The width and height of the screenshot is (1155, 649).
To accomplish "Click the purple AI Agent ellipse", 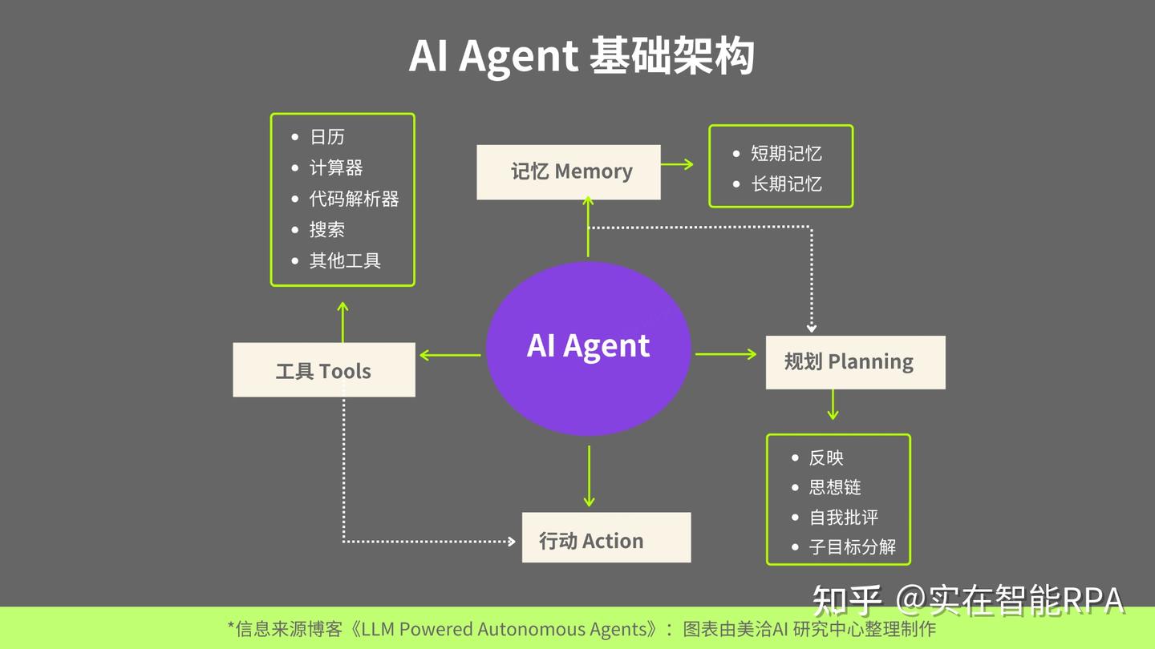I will coord(588,348).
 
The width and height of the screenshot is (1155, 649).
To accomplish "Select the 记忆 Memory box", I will coord(569,171).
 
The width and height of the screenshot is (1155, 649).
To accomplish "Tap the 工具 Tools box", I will coord(324,370).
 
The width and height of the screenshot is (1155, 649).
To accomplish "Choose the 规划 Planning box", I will coord(855,362).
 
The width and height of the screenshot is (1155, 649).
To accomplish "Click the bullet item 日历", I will coord(327,137).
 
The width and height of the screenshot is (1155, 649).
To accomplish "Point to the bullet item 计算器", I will coord(336,167).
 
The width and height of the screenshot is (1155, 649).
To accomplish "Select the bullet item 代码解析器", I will coord(354,199).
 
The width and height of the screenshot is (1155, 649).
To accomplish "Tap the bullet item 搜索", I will coord(327,230).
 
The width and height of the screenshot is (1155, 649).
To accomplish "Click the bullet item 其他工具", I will coord(345,260).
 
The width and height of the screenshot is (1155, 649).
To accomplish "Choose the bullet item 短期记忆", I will coord(786,153).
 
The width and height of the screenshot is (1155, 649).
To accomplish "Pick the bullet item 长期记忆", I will coord(786,183).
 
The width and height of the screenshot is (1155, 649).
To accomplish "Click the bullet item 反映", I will coord(826,458).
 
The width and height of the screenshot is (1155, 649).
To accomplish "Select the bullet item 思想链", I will coord(835,487).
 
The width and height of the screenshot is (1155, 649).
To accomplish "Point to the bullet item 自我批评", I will coord(844,518).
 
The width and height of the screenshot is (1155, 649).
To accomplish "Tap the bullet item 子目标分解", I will coord(853,547).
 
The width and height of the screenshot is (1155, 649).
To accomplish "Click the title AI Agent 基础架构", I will coord(582,57).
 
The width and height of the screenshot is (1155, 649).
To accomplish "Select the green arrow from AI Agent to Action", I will coord(589,476).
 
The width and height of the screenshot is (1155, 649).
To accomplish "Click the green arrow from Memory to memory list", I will coord(677,164).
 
